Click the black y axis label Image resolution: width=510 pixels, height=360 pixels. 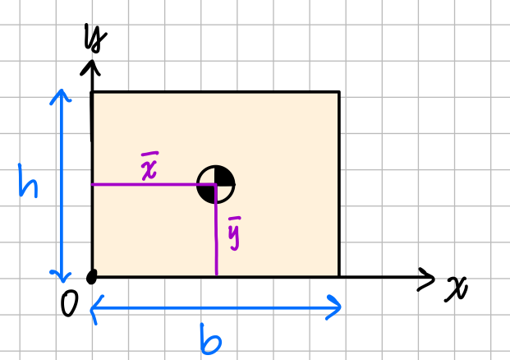(x=95, y=38)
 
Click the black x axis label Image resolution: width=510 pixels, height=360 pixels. (x=456, y=288)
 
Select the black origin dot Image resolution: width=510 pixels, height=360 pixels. (x=92, y=277)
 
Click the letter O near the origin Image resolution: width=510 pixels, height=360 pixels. (x=70, y=303)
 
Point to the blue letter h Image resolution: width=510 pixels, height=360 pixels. (x=28, y=181)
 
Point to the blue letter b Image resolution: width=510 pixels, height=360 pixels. (x=210, y=339)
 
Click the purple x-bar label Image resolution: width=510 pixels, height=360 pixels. (x=149, y=166)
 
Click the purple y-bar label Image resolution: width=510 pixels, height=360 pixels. (x=234, y=233)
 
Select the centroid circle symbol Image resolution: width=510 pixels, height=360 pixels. (x=216, y=185)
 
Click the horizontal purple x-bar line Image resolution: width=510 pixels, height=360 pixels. (x=154, y=185)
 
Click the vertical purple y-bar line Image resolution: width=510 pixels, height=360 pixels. (x=216, y=230)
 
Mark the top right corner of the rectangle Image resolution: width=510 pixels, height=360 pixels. (x=339, y=92)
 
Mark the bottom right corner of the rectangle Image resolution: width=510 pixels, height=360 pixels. (x=339, y=277)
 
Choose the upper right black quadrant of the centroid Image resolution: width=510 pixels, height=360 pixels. (x=223, y=177)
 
